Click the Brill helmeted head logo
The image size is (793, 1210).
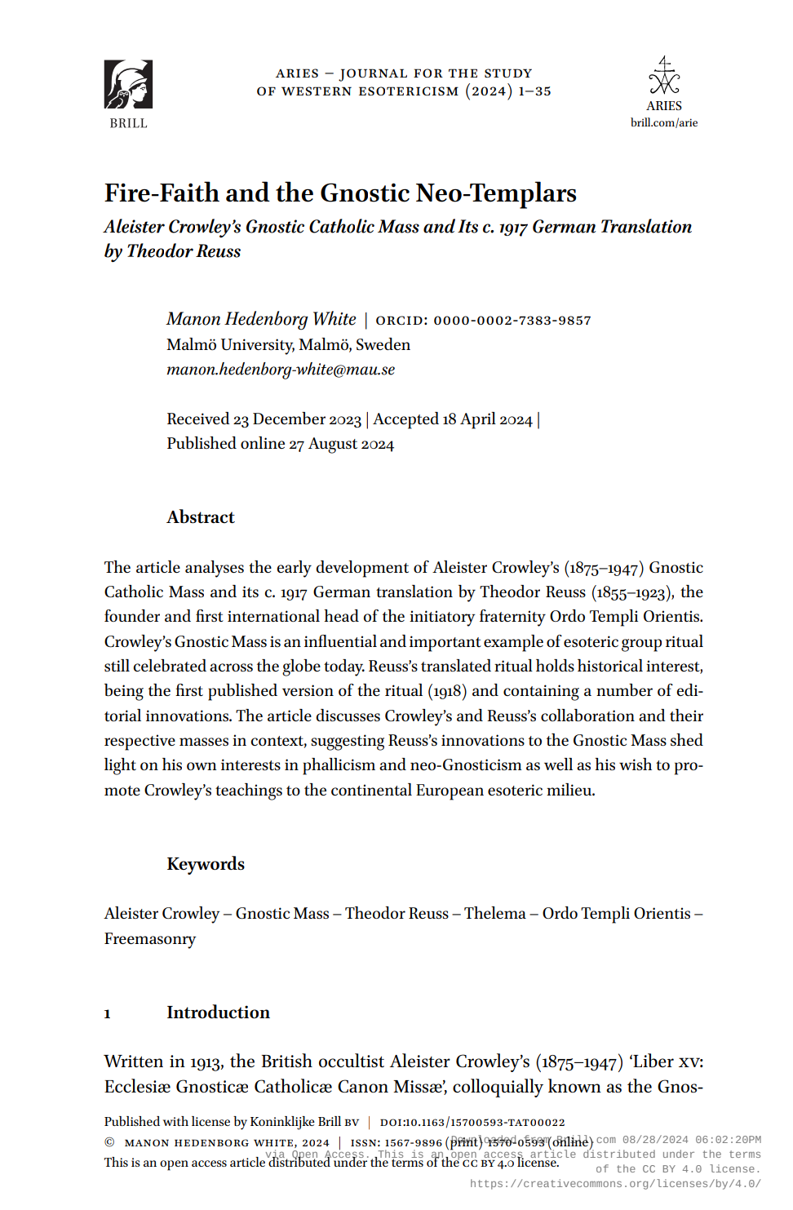point(128,84)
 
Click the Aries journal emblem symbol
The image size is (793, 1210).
point(664,76)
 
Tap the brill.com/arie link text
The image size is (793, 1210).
point(664,123)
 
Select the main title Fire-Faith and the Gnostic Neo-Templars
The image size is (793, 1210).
point(340,193)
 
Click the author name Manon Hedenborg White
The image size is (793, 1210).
point(261,319)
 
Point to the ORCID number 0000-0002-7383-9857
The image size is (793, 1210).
point(512,321)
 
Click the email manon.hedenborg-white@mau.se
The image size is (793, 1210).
point(281,370)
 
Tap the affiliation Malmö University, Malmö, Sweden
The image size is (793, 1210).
point(288,345)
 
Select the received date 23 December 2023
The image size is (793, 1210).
point(297,419)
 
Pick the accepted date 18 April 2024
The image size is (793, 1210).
point(487,419)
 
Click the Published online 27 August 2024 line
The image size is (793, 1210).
point(280,444)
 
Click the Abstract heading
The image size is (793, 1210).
point(201,517)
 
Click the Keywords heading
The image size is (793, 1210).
point(206,864)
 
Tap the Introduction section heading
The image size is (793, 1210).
point(218,1013)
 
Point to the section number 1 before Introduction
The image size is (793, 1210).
point(108,1014)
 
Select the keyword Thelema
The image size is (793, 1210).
point(495,914)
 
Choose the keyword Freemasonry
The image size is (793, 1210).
point(150,939)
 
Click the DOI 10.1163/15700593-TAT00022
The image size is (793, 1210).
point(472,1123)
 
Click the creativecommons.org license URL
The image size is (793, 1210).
point(615,1184)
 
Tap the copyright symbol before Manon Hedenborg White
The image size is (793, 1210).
point(109,1143)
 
